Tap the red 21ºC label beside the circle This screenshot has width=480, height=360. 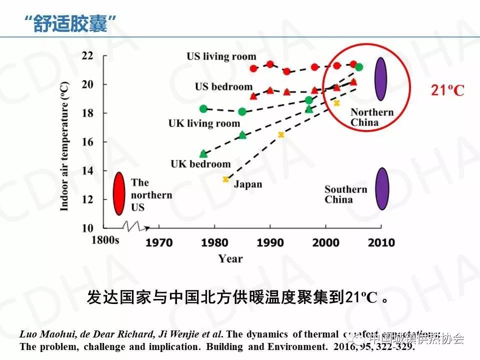click(447, 90)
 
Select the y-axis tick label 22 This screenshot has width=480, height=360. click(87, 55)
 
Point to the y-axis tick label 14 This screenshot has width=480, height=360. click(87, 170)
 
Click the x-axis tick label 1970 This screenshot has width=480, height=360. click(159, 243)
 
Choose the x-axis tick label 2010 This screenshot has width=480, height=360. click(381, 243)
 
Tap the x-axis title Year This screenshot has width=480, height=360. click(230, 258)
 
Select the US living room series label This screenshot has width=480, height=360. click(221, 56)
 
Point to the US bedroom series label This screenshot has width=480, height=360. click(223, 87)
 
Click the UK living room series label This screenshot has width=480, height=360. click(204, 123)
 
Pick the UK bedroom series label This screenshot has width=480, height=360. click(200, 163)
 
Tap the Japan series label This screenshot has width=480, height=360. click(248, 184)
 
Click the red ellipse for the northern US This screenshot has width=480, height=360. click(118, 193)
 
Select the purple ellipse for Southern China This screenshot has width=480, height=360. click(382, 188)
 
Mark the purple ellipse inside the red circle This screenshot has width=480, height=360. click(381, 79)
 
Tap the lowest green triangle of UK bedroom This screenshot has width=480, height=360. click(203, 154)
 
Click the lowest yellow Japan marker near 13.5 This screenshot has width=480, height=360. click(225, 179)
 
